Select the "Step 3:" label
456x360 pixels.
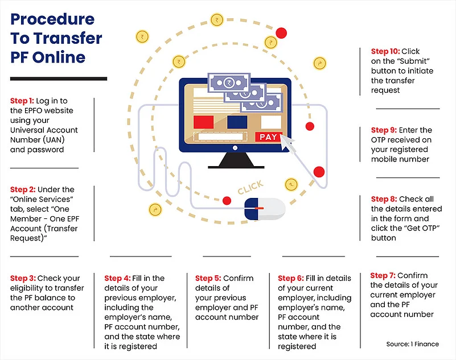[23, 278]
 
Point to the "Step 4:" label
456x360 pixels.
[118, 278]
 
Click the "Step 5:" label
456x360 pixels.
[208, 278]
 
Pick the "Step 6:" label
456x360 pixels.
[291, 278]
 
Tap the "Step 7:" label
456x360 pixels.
[383, 275]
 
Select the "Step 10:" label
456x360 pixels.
[386, 51]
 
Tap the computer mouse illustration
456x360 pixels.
[264, 209]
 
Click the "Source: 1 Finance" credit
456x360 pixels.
[418, 344]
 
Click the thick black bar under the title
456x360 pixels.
[59, 78]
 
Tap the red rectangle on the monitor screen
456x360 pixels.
[203, 122]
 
